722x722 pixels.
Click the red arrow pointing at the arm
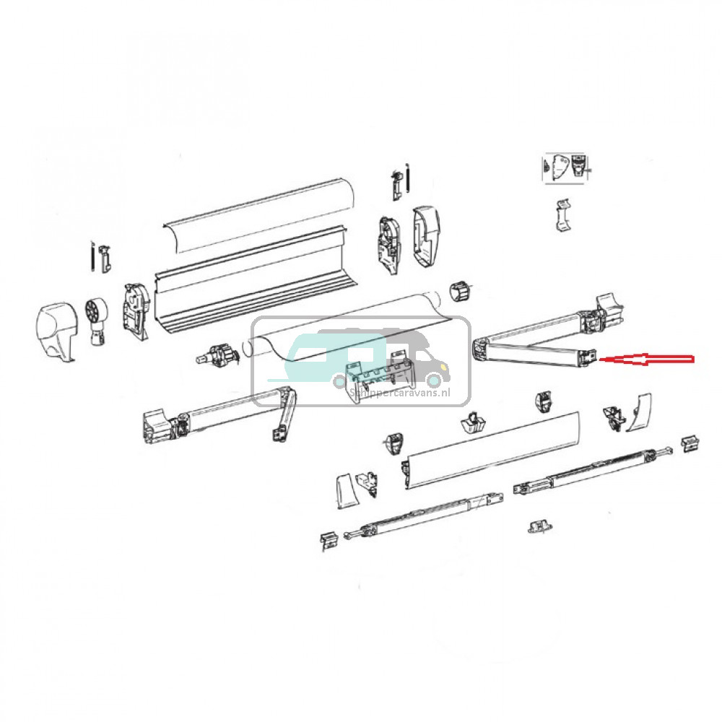pos(650,358)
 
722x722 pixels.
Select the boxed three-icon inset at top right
pos(566,168)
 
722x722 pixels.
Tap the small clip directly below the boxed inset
pos(564,216)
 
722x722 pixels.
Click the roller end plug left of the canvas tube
pos(217,356)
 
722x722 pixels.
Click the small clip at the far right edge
pos(690,442)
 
